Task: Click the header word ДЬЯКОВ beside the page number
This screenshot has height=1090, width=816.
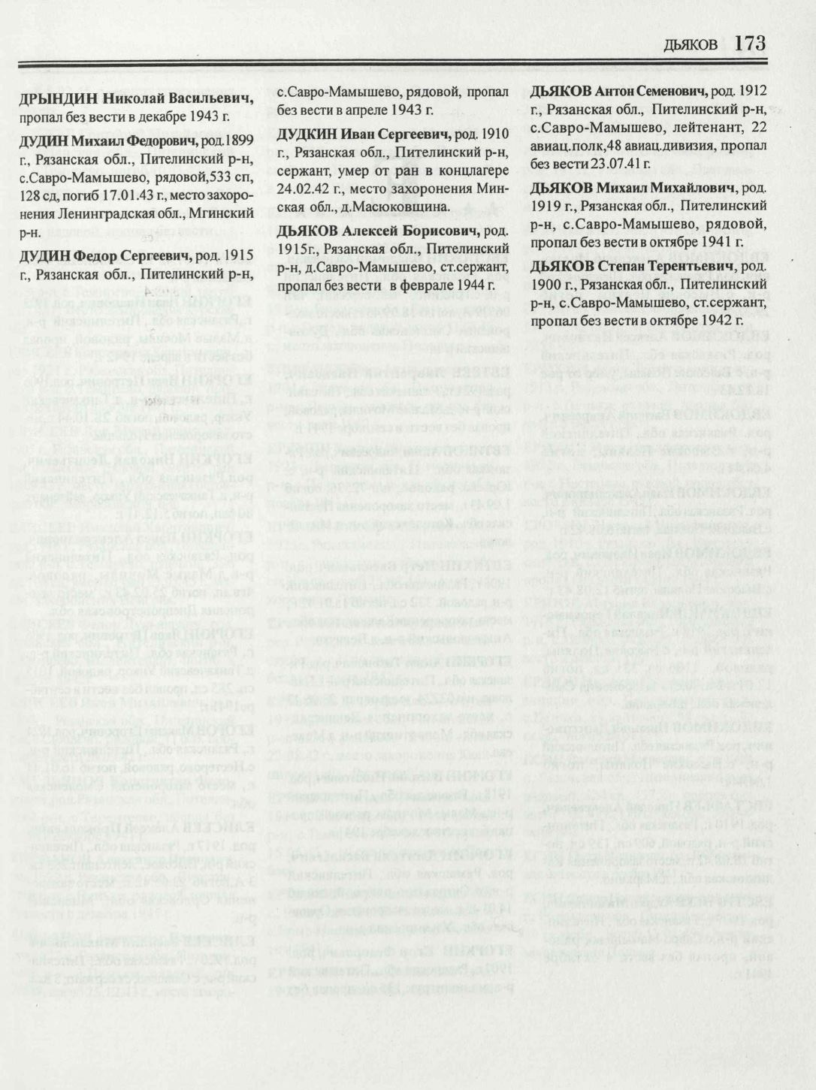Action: pos(691,46)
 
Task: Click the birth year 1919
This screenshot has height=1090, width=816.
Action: pos(545,205)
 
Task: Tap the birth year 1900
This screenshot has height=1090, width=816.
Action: pos(545,285)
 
